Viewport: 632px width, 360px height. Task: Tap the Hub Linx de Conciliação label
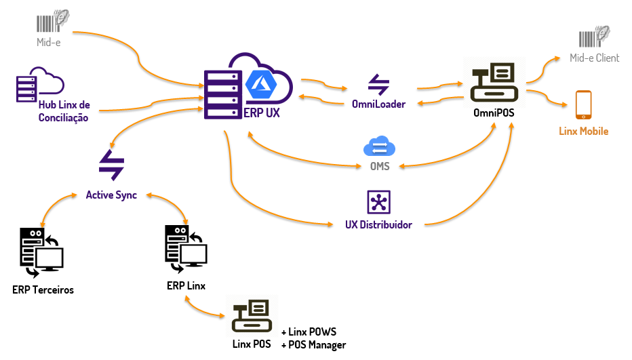coord(64,112)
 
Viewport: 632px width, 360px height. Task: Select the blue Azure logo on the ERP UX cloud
coord(258,83)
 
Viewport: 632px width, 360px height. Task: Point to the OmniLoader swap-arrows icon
coord(378,84)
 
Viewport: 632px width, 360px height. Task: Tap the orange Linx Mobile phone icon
coord(583,106)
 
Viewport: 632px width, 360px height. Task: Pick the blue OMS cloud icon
coord(378,147)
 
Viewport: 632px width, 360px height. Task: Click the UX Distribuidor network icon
coord(378,202)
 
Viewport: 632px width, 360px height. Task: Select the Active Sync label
coord(111,195)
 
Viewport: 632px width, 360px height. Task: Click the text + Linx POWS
coord(309,332)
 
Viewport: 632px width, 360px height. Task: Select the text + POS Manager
coord(313,345)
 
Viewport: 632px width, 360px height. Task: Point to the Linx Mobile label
coord(583,131)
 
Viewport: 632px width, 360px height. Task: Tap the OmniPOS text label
coord(494,113)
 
